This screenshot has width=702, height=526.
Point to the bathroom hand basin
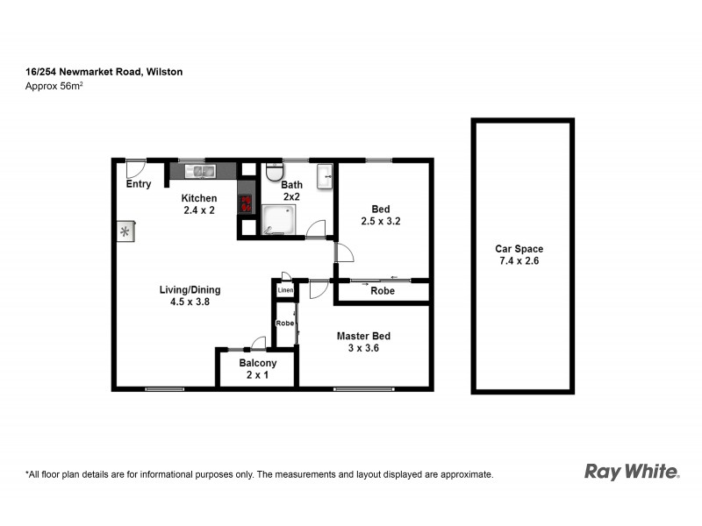pos(326,174)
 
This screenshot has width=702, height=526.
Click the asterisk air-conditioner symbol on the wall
pos(125,231)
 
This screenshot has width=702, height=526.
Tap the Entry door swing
pos(135,167)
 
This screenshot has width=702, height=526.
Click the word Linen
pos(284,290)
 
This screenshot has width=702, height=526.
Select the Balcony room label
pos(258,363)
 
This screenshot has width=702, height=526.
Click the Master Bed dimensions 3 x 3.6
pos(362,348)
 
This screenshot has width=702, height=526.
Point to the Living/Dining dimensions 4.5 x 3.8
pos(190,302)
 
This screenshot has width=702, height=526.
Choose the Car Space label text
pos(519,249)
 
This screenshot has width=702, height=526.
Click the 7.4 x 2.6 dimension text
pos(519,261)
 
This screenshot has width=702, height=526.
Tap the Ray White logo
pos(631,472)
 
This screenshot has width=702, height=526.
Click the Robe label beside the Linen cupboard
pos(284,323)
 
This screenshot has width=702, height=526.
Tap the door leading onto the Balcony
pos(258,342)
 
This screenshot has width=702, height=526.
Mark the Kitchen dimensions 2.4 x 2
pos(199,210)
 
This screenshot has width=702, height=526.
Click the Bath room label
pos(291,185)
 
